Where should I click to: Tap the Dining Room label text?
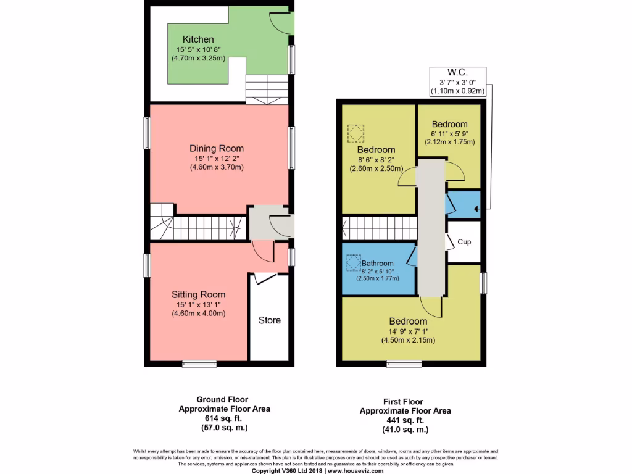tap(216, 148)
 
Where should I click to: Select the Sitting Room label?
tap(198, 294)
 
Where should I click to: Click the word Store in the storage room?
tap(269, 320)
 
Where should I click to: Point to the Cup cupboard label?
tap(464, 242)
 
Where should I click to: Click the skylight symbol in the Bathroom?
tap(353, 262)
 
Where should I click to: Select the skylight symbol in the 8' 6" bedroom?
tap(356, 133)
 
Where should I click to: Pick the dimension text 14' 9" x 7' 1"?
tap(408, 331)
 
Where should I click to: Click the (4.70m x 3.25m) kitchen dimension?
tap(198, 58)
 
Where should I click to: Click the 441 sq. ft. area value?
tap(405, 420)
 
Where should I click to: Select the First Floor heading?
tap(405, 402)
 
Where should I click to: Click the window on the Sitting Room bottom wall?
tap(199, 364)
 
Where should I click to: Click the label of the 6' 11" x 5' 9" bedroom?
tap(449, 124)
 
